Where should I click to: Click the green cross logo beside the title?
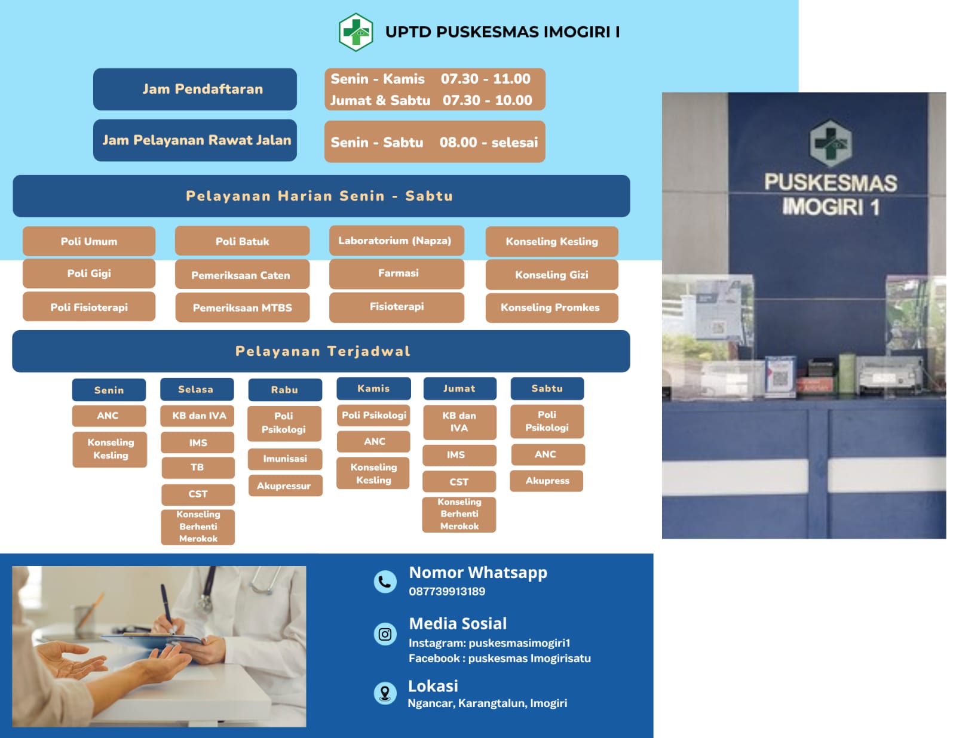(x=356, y=32)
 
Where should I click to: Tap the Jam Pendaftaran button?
(x=195, y=89)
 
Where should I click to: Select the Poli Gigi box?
(x=89, y=273)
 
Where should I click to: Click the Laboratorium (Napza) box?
(x=396, y=241)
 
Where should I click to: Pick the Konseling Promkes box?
(x=551, y=307)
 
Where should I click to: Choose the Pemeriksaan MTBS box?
(x=243, y=307)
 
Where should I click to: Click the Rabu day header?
(x=285, y=390)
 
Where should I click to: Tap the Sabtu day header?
(x=547, y=389)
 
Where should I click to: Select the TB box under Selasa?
(x=198, y=468)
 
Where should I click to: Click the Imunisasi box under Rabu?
(x=285, y=459)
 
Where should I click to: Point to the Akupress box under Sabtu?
(x=547, y=481)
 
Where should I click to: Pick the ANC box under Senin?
(x=109, y=416)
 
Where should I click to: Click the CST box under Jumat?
(x=459, y=482)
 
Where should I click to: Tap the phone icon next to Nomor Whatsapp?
(x=385, y=582)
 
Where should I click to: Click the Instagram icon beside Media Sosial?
(x=385, y=634)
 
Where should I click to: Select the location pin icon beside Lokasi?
(x=385, y=693)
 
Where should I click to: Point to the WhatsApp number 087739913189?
(x=447, y=591)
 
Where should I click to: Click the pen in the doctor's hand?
(x=167, y=604)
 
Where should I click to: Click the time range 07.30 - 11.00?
(x=486, y=79)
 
